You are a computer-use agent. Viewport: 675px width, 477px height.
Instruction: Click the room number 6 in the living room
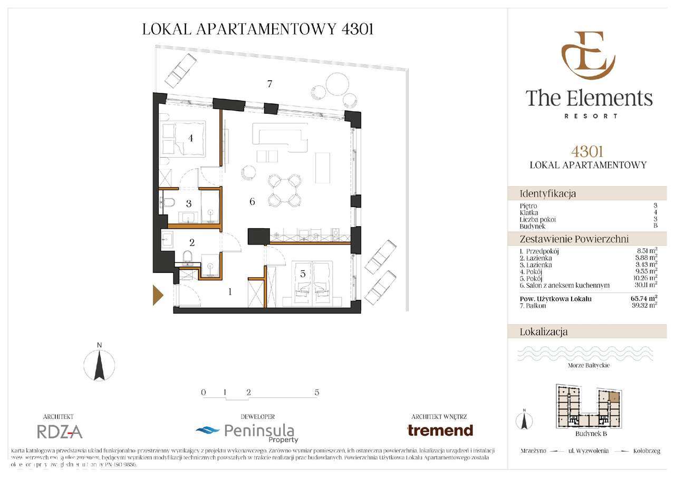[252, 202]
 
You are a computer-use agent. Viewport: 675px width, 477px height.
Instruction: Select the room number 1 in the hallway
[230, 291]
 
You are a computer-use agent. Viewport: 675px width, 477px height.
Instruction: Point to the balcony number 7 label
[269, 84]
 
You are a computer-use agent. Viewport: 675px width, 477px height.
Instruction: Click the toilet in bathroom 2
[188, 257]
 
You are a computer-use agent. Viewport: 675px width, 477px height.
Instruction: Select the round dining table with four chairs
[284, 190]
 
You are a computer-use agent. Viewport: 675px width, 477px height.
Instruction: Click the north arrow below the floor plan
[99, 364]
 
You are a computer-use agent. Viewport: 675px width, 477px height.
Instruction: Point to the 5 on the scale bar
[316, 393]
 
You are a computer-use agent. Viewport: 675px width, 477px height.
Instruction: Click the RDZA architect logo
[60, 432]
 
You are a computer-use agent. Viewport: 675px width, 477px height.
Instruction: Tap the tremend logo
[440, 430]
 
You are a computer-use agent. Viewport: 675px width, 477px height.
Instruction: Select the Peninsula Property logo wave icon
[207, 431]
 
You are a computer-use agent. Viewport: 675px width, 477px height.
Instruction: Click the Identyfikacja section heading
[548, 193]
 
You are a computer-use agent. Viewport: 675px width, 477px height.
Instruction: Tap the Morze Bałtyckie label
[589, 365]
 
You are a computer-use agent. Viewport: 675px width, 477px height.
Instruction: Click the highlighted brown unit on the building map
[614, 396]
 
